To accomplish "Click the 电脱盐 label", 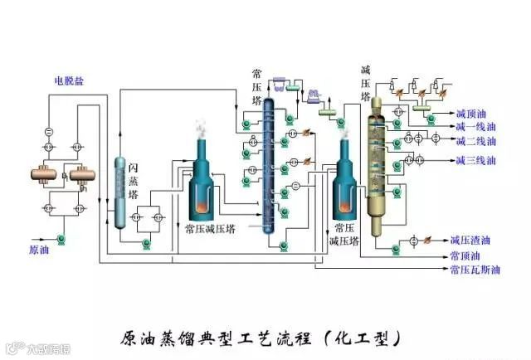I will coord(70,80).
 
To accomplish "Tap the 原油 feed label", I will coord(40,249).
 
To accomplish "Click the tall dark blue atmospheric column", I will coord(269,166).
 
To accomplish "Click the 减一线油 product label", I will coord(475,128).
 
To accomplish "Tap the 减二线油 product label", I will coord(475,141).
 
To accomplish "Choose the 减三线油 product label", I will coord(475,160).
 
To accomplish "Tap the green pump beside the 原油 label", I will coord(61,240).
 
